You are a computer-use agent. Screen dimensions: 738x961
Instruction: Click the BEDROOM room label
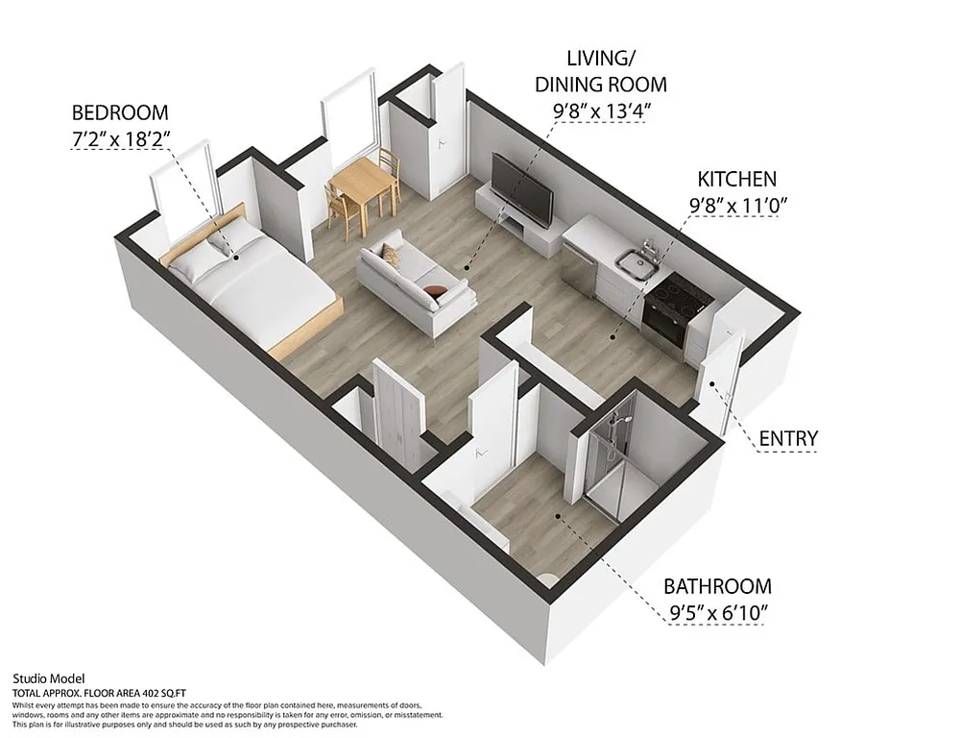(120, 112)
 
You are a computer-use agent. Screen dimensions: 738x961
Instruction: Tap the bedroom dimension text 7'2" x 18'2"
(121, 138)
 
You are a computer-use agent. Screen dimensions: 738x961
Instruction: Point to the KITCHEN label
(736, 180)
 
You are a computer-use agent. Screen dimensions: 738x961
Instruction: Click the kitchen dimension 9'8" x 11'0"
(737, 205)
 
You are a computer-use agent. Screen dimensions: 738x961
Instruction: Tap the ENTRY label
(788, 439)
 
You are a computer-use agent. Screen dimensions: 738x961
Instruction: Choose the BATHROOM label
(717, 586)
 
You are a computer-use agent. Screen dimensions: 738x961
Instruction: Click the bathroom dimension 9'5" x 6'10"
(717, 612)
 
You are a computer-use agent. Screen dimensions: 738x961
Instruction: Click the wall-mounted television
(521, 186)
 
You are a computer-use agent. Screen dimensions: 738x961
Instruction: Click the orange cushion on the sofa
(435, 288)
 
